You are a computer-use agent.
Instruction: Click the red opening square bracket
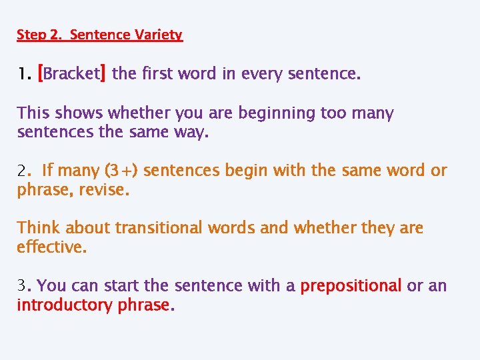pos(41,73)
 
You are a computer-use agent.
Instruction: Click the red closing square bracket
pos(103,73)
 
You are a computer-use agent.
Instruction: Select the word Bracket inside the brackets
pos(72,73)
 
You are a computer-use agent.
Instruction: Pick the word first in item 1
pos(155,73)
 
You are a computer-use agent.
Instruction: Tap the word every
pos(263,73)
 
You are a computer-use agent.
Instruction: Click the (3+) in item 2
pos(121,171)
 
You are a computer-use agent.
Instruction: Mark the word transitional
pos(159,228)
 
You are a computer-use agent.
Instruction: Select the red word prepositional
pos(351,285)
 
